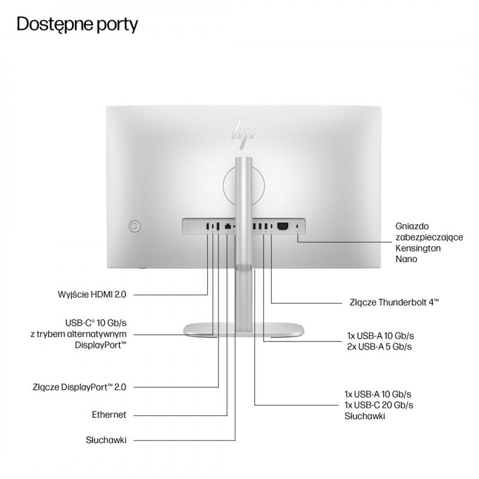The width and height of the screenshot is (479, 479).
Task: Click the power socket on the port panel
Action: (283, 226)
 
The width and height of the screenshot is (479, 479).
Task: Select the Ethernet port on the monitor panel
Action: (228, 226)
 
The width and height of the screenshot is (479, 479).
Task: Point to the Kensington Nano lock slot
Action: (298, 226)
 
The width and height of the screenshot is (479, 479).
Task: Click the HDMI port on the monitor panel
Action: (207, 226)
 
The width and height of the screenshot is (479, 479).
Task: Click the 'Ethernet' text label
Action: (108, 414)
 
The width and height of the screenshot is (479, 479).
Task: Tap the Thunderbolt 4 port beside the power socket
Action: (272, 226)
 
